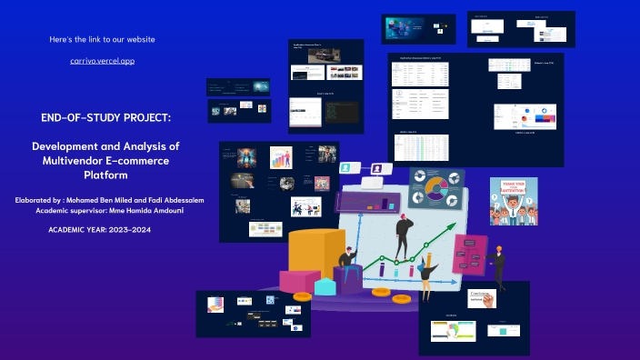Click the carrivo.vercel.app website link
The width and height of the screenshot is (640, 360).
[x=102, y=60]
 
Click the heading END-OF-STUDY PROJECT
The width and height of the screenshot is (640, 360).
[x=105, y=118]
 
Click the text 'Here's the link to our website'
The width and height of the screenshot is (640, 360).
[x=102, y=39]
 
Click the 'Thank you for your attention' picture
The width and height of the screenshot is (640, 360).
[x=514, y=202]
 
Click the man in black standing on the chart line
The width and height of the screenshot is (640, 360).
[x=401, y=233]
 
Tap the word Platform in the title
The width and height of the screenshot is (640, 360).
[x=105, y=175]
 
